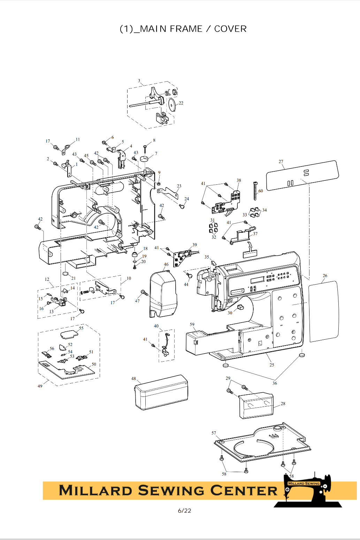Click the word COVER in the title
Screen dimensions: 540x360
coord(230,29)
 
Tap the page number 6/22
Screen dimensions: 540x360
coord(184,511)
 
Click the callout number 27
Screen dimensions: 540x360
coord(281,162)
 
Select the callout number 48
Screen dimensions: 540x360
coord(133,379)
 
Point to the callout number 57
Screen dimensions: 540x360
coord(214,433)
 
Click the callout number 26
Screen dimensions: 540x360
coord(325,276)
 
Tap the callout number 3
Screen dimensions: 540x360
coord(139,81)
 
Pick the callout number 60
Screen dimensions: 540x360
coord(261,191)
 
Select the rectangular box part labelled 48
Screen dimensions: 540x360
coord(161,392)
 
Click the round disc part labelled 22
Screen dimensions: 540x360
coord(172,104)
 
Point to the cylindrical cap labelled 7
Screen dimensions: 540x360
coord(144,159)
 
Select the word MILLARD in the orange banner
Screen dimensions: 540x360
coord(95,491)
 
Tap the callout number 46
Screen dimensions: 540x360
coord(166,264)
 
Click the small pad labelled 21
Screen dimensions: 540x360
coord(66,274)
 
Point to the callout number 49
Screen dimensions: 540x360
coord(40,386)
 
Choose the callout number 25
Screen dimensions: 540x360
coord(272,365)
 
